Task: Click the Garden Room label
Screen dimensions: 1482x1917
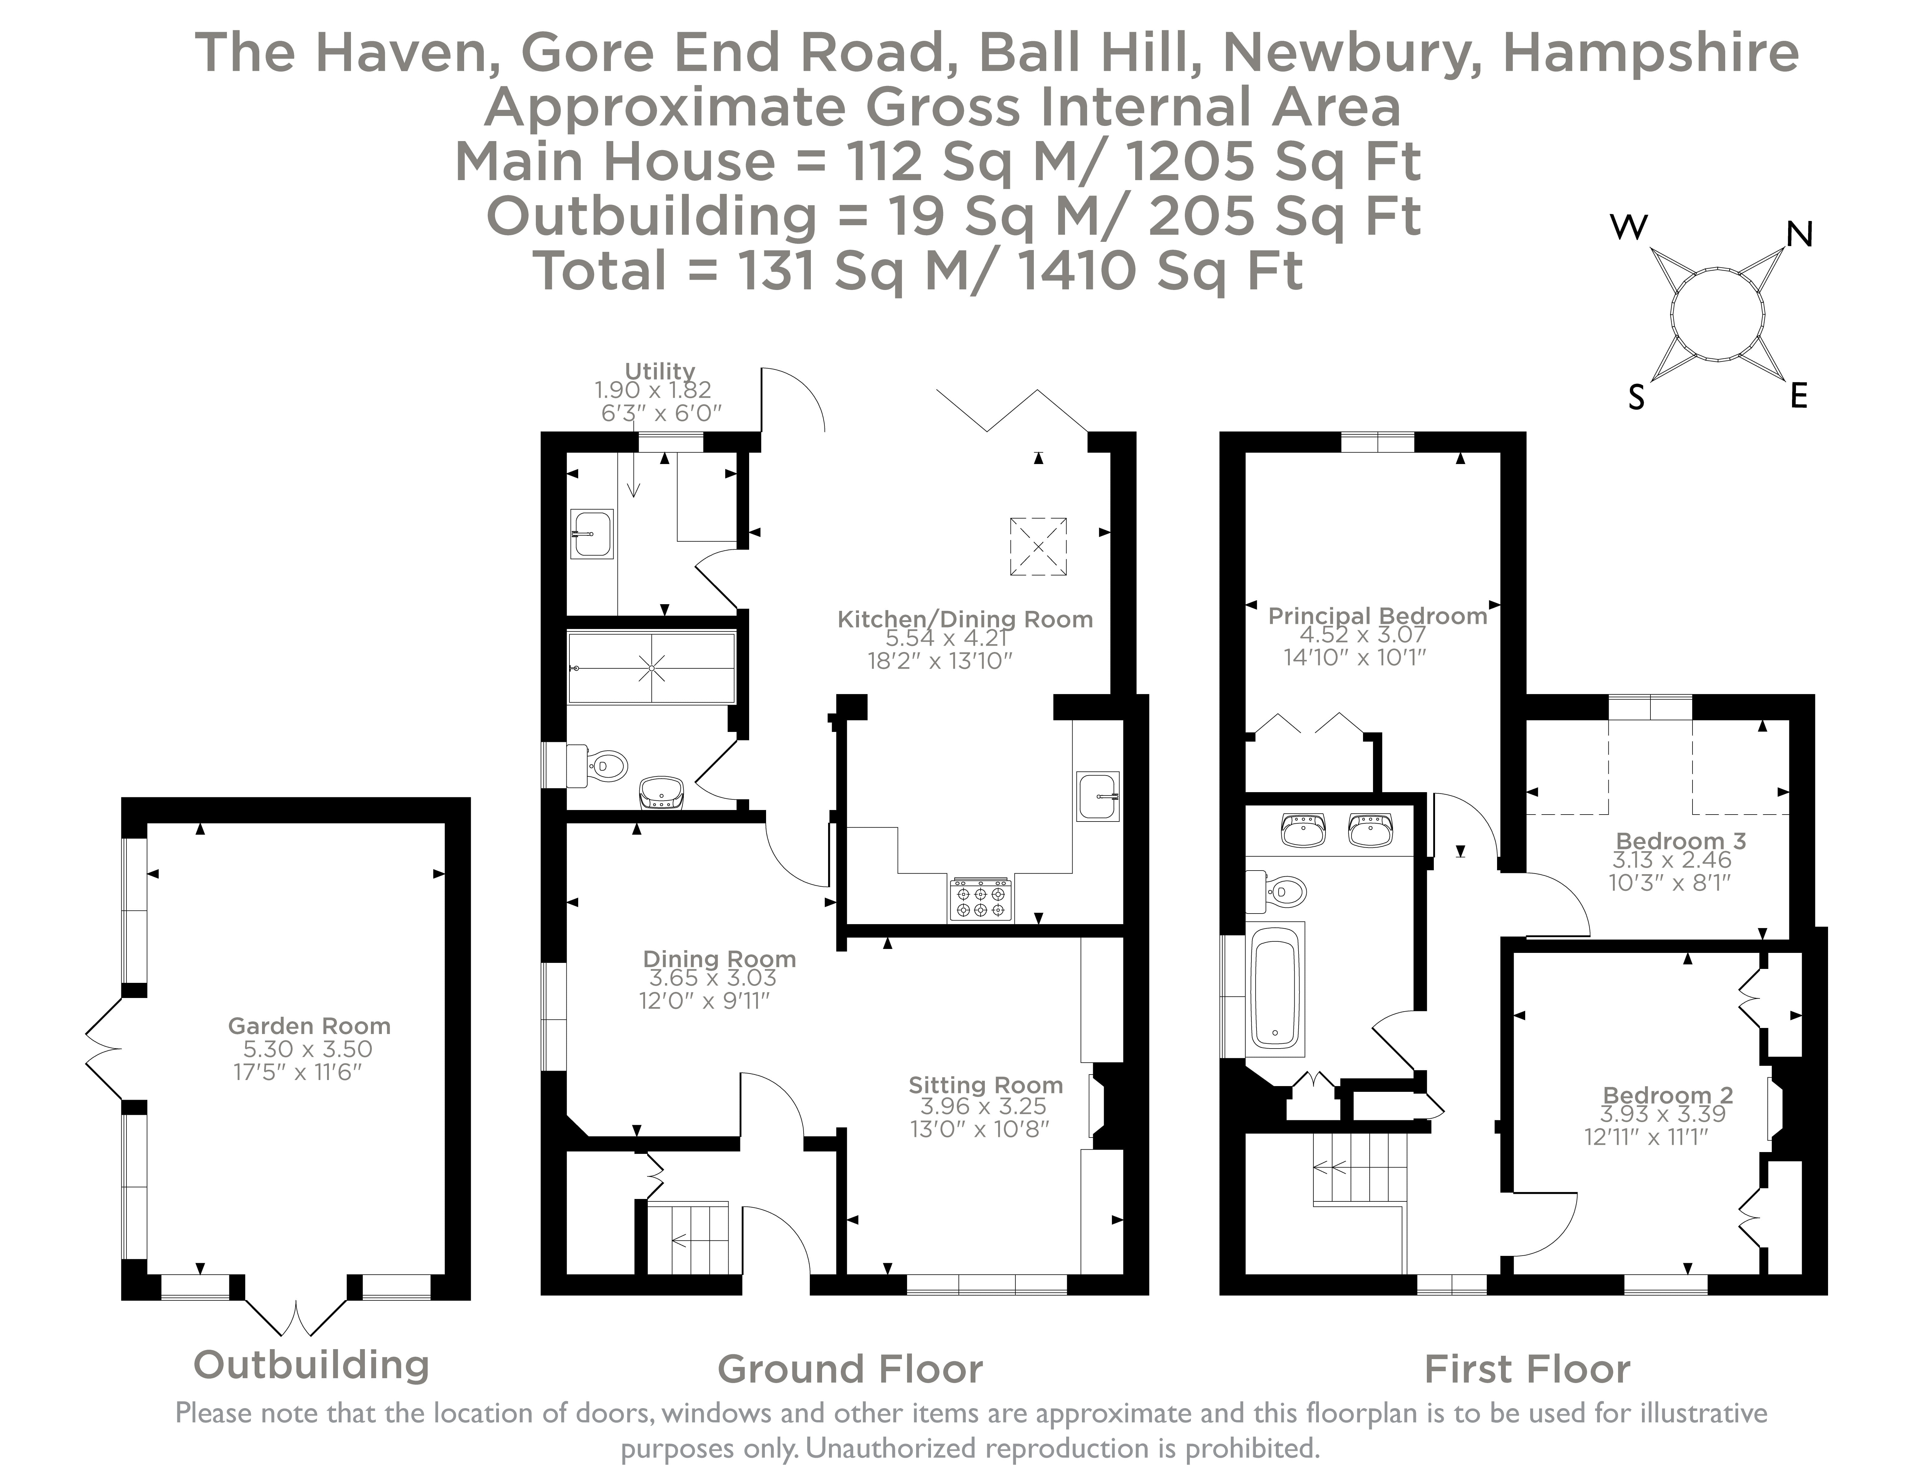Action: click(309, 1026)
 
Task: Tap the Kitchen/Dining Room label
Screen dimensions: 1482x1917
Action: click(965, 619)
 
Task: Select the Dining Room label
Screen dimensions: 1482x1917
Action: click(719, 959)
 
